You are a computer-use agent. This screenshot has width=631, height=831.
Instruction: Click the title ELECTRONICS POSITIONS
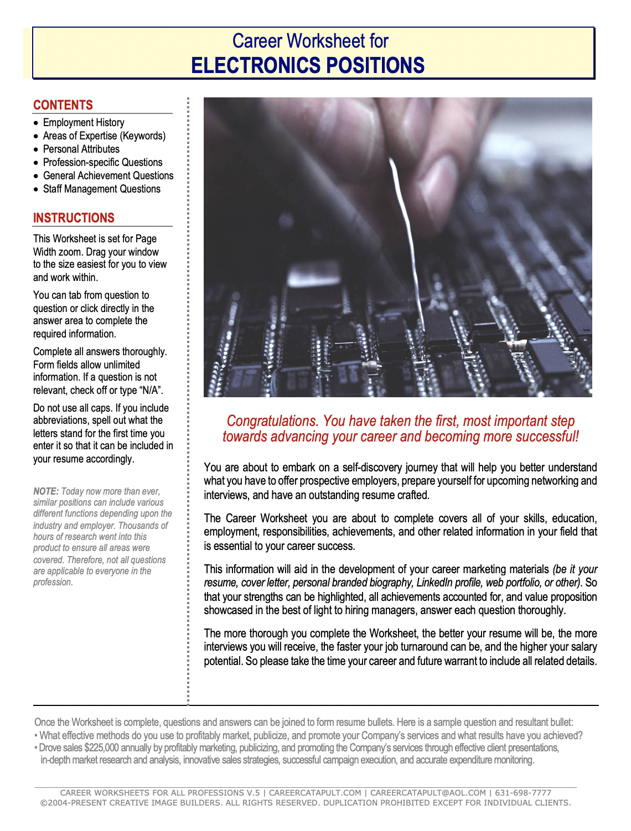308,66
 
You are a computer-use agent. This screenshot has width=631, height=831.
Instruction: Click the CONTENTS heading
63,105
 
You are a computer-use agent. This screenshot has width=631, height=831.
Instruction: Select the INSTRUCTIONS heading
74,218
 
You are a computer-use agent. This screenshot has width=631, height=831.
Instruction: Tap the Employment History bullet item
84,122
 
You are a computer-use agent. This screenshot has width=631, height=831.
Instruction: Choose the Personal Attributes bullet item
81,149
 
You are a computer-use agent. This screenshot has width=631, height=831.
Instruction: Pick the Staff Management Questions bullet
102,189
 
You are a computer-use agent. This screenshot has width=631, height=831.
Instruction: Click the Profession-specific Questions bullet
103,162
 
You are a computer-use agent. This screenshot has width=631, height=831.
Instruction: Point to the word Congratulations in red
271,421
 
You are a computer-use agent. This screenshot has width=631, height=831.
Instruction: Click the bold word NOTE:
45,491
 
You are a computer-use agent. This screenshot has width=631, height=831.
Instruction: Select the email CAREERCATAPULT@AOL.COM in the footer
428,793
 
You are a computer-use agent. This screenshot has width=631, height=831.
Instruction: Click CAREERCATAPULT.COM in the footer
315,793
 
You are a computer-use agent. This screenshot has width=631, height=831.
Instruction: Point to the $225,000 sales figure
102,748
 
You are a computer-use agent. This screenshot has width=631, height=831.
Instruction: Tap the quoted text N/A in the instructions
151,391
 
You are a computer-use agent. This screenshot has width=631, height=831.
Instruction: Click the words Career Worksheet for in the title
310,41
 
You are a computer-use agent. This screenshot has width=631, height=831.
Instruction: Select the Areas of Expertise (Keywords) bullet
104,136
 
